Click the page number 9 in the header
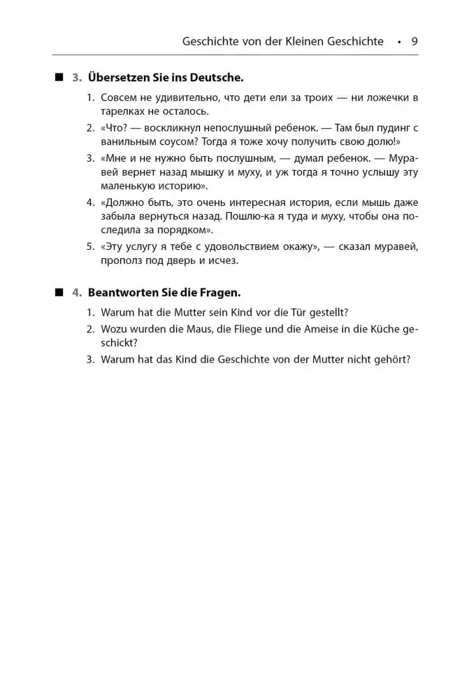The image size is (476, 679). [x=414, y=41]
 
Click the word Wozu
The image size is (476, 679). [x=115, y=329]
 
